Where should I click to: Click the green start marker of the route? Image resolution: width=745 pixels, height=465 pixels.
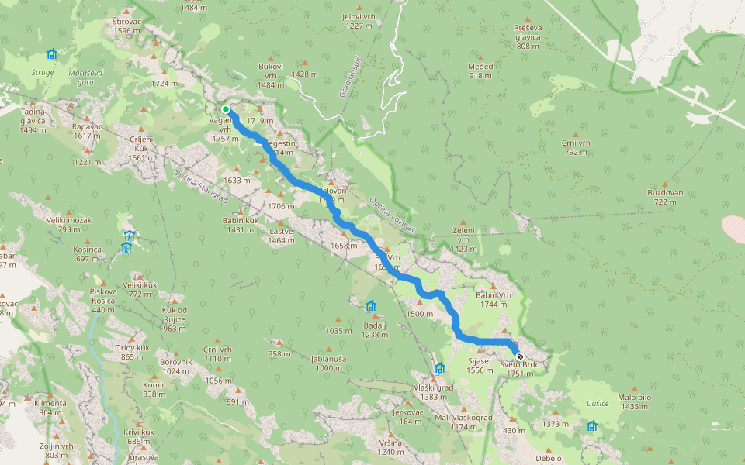coord(226,109)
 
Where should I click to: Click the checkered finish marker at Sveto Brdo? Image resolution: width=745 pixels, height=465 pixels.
coord(519,356)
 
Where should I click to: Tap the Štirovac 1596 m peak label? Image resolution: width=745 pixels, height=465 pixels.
coord(126,26)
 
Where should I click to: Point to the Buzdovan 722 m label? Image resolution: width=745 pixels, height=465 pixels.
coord(665,197)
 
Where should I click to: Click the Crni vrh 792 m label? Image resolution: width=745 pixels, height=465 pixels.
coord(576,147)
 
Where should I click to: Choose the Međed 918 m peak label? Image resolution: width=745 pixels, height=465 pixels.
coord(480,71)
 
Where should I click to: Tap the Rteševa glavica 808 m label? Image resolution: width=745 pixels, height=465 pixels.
coord(528,36)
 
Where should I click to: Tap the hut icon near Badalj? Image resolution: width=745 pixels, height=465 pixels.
coord(370,306)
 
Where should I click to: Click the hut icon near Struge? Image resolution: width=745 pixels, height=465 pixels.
coord(52,54)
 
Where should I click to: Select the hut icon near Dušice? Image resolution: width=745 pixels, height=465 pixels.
coord(592,425)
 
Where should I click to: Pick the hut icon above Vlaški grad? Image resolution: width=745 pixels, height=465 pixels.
coord(440,368)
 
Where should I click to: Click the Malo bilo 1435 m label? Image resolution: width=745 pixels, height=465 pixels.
coord(634,401)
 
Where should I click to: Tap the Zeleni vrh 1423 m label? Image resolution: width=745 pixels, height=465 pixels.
coord(463,239)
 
